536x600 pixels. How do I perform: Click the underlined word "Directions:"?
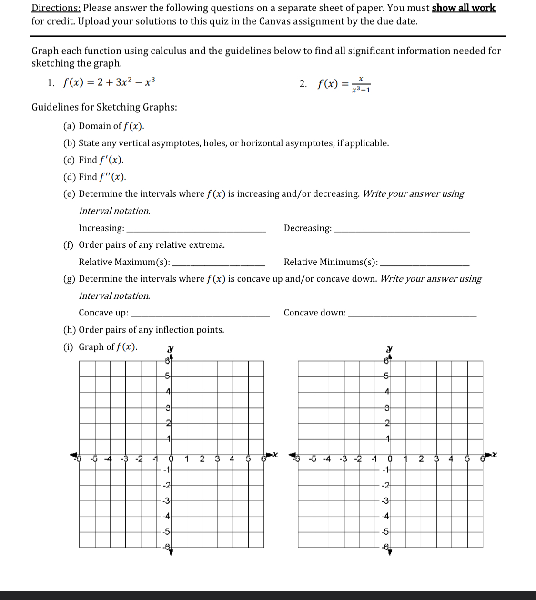click(x=56, y=8)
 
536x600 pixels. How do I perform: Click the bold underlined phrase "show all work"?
click(x=463, y=8)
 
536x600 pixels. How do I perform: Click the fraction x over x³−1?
click(x=361, y=84)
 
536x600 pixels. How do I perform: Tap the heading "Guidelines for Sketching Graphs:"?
click(x=104, y=107)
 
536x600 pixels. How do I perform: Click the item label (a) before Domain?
click(x=69, y=126)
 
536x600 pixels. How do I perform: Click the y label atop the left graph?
click(x=170, y=350)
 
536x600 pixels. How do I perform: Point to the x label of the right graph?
click(x=495, y=455)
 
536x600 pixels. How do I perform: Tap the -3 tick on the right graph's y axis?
click(x=385, y=500)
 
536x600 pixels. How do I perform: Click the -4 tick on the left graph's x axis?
click(x=109, y=459)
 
